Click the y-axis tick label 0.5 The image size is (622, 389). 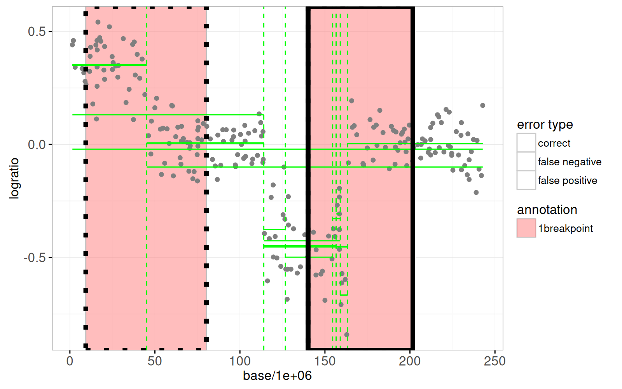pyautogui.click(x=37, y=32)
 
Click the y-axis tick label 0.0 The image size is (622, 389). pyautogui.click(x=37, y=145)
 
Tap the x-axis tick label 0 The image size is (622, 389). pyautogui.click(x=70, y=361)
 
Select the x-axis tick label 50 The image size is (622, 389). pyautogui.click(x=155, y=361)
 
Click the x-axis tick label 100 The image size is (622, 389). pyautogui.click(x=240, y=361)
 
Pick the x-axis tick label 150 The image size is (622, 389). pyautogui.click(x=325, y=361)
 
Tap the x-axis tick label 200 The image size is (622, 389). pyautogui.click(x=410, y=361)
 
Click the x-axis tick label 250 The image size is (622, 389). pyautogui.click(x=494, y=361)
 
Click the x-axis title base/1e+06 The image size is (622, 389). pyautogui.click(x=277, y=376)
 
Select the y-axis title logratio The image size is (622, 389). pyautogui.click(x=14, y=179)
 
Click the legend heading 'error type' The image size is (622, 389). pyautogui.click(x=545, y=124)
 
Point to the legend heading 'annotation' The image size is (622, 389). pyautogui.click(x=547, y=210)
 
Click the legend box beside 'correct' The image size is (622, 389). pyautogui.click(x=526, y=143)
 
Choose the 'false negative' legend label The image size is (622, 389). pyautogui.click(x=570, y=162)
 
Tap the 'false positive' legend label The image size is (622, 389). pyautogui.click(x=567, y=180)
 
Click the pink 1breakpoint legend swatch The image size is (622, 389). pyautogui.click(x=526, y=228)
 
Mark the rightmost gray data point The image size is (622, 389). pyautogui.click(x=482, y=105)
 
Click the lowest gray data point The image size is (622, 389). pyautogui.click(x=347, y=335)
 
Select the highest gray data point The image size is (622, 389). pyautogui.click(x=98, y=22)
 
